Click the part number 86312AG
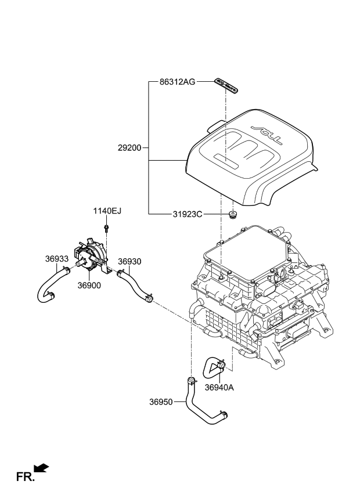coord(177,82)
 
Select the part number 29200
coord(129,148)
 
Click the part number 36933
coord(57,259)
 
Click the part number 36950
coord(161,401)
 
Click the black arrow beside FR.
coord(41,468)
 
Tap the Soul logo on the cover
coord(265,133)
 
